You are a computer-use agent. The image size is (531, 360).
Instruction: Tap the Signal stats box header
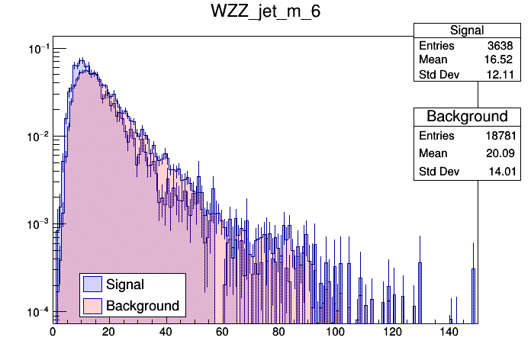pos(466,31)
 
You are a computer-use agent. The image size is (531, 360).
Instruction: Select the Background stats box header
pos(466,117)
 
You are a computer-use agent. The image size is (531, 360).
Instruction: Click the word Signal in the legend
pos(125,284)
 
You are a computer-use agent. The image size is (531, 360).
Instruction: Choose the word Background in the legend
pos(143,306)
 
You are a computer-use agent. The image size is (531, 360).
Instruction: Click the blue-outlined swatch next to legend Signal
pos(93,284)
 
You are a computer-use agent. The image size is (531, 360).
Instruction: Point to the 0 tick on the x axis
pos(53,332)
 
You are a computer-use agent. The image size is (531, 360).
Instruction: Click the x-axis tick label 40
pos(166,332)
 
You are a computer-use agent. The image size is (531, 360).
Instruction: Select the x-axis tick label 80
pos(278,332)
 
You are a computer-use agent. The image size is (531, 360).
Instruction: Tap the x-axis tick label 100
pos(336,332)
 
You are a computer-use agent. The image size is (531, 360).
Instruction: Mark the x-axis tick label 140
pos(449,332)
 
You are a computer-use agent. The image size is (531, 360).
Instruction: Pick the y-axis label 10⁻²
pos(37,137)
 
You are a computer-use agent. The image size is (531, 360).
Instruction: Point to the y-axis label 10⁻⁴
pos(37,312)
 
